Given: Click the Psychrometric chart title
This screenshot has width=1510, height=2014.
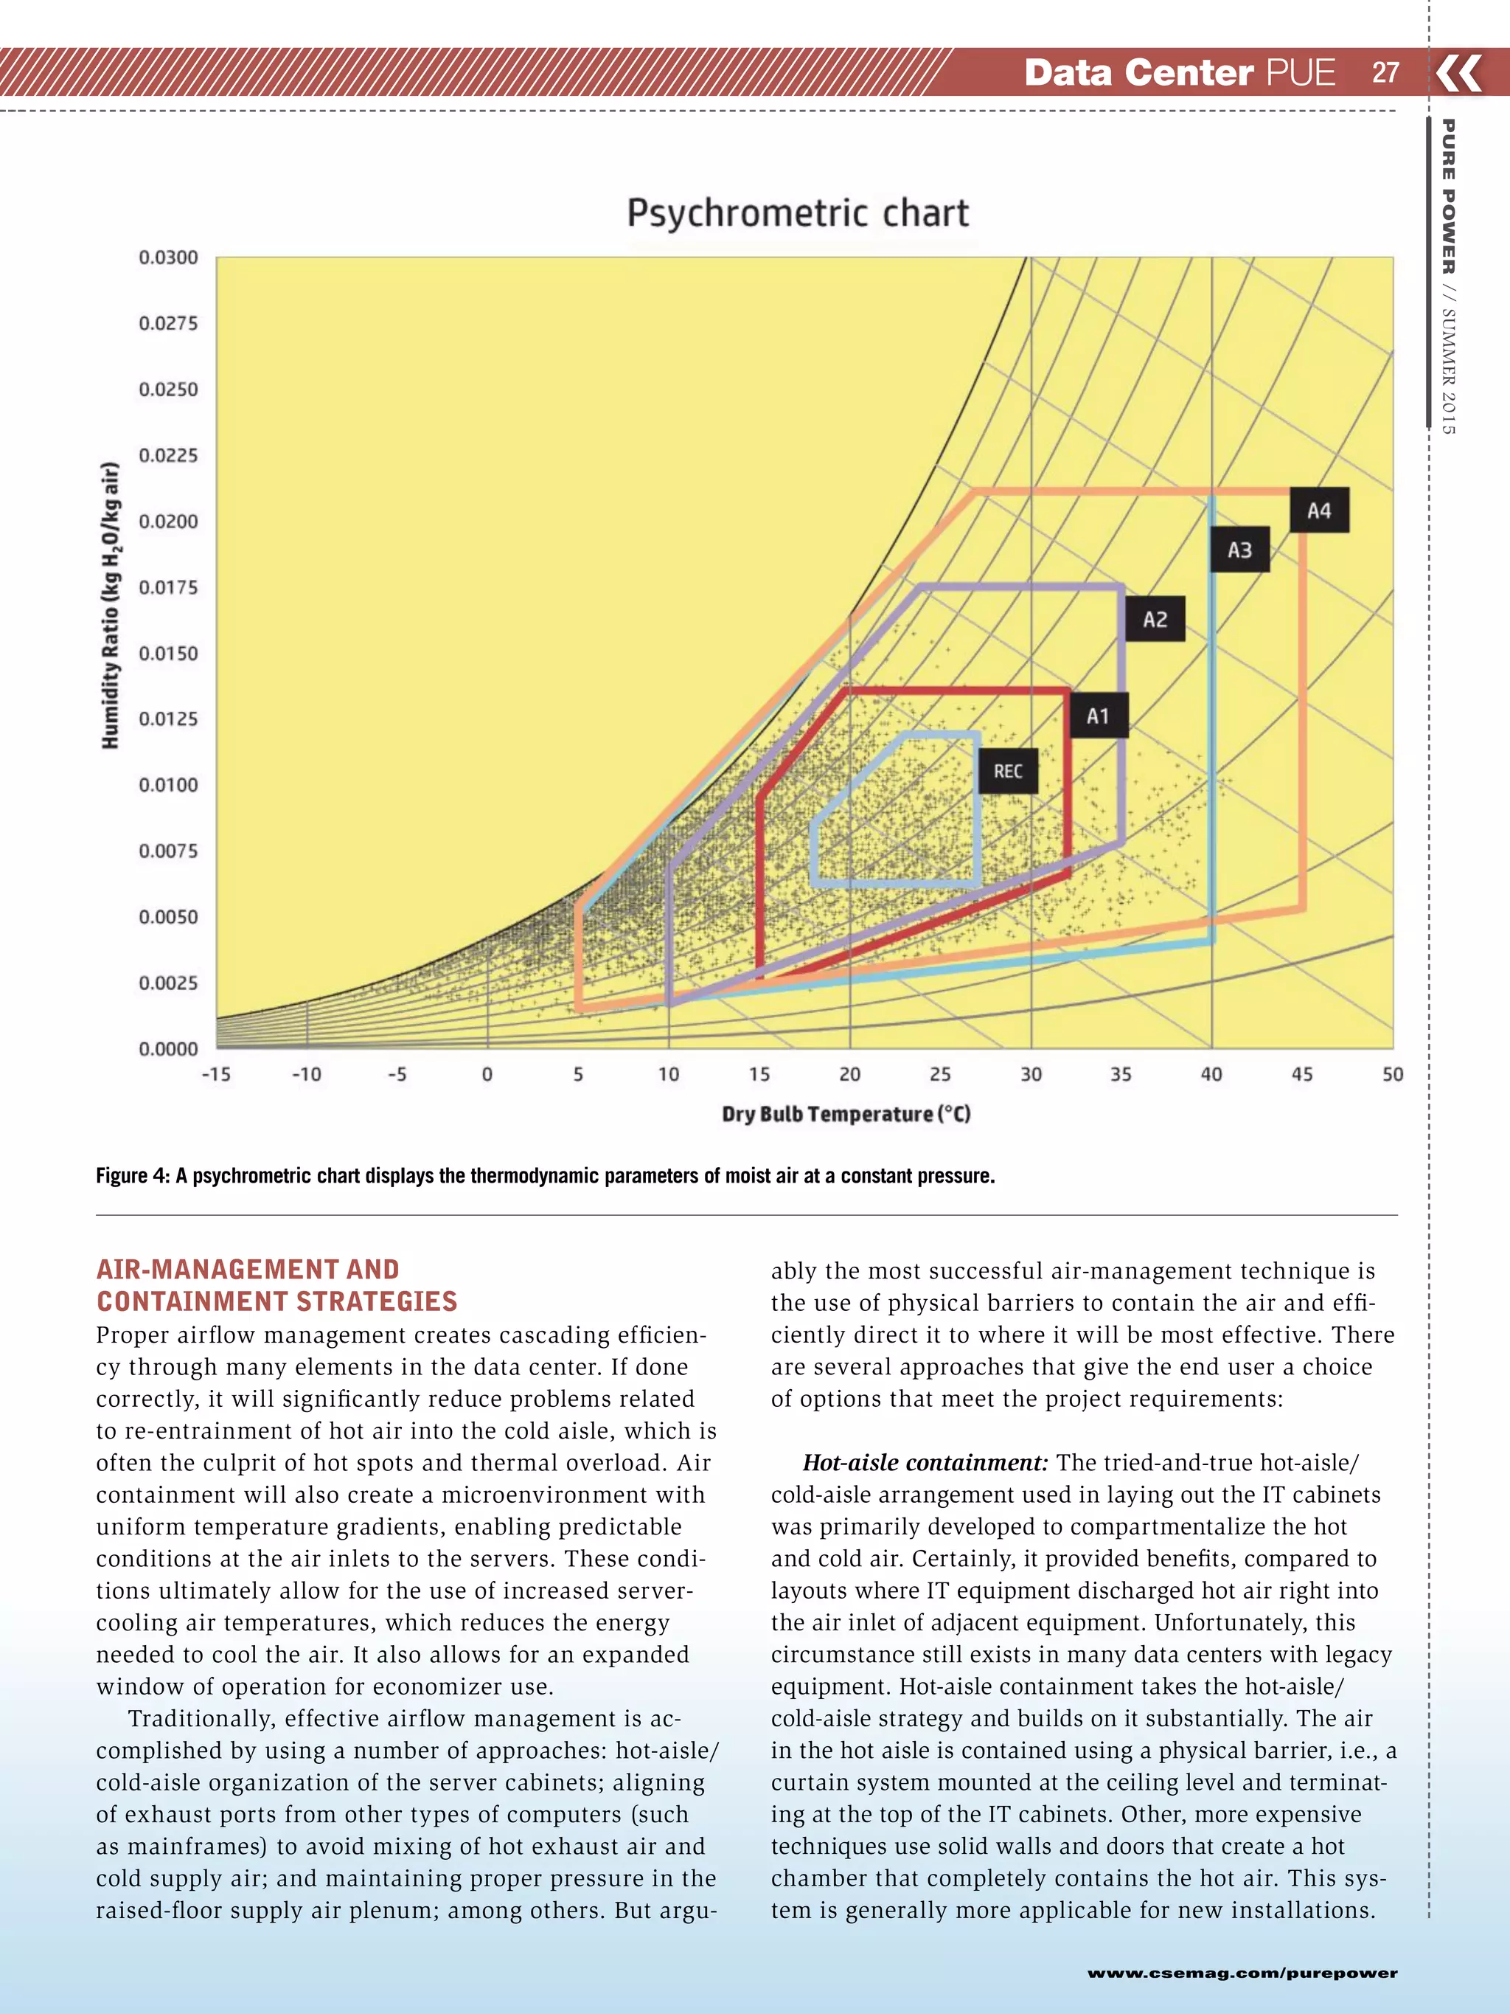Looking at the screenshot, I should (x=797, y=213).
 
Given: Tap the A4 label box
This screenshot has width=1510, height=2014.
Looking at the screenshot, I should (x=1319, y=511).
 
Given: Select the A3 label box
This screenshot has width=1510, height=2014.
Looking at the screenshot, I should (x=1239, y=550).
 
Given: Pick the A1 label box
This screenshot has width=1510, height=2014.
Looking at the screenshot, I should (x=1099, y=716).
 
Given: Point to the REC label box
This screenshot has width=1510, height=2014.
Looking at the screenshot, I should (x=1008, y=771).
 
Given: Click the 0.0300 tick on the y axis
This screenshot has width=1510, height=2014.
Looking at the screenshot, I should (x=168, y=257).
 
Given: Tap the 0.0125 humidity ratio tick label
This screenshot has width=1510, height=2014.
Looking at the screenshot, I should (x=168, y=719).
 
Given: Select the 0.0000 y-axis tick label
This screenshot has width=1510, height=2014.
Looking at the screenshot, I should (x=168, y=1049).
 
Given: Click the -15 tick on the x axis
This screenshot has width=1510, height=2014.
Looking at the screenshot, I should (x=216, y=1074).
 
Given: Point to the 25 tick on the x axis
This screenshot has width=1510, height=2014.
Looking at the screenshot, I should (x=940, y=1074).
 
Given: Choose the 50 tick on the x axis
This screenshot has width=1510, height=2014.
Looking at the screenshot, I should (x=1393, y=1074).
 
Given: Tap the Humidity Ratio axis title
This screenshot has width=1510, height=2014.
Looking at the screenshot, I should (x=110, y=606).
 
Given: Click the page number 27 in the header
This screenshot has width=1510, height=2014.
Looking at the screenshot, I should (x=1385, y=73).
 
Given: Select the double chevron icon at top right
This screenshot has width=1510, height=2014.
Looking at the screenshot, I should (x=1460, y=73).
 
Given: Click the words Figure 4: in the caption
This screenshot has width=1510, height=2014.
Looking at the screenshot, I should (x=133, y=1175).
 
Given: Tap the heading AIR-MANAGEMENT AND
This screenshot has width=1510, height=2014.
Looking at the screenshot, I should (x=248, y=1269).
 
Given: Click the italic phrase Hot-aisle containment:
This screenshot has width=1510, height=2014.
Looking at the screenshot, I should (x=925, y=1463).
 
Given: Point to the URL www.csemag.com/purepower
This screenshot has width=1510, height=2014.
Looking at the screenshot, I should (x=1242, y=1973).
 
